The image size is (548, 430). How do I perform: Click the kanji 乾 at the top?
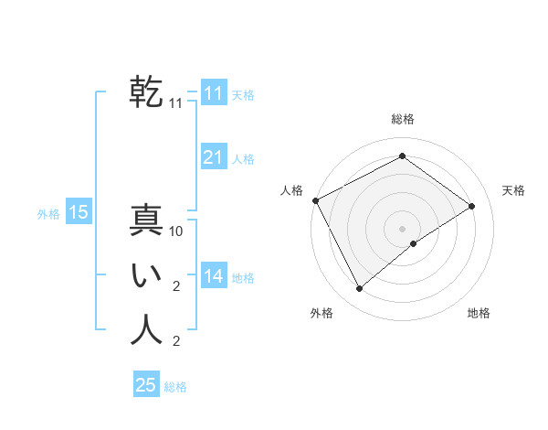[x=146, y=92]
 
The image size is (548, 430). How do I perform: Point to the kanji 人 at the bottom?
[x=146, y=330]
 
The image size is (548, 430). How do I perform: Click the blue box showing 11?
[x=213, y=93]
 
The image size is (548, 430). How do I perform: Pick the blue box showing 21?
[x=213, y=157]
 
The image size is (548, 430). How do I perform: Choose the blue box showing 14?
[x=213, y=276]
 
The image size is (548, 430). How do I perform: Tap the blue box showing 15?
[x=79, y=212]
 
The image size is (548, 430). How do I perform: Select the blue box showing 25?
[x=146, y=385]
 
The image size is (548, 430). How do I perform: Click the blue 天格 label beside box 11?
[x=243, y=95]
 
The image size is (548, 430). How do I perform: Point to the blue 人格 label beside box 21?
[x=243, y=159]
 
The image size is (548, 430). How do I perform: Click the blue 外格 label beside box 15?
[x=47, y=214]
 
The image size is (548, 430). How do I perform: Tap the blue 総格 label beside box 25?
[x=175, y=387]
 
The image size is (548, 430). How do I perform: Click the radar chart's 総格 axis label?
[x=403, y=119]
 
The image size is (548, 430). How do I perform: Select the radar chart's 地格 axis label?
[x=479, y=313]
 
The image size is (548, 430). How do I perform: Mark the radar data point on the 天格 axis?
[x=472, y=206]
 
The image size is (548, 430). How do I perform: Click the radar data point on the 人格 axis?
[x=315, y=200]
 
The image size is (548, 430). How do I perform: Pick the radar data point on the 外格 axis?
[x=359, y=289]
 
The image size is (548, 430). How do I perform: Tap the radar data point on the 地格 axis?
[x=414, y=243]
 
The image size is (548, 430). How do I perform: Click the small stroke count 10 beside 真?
[x=177, y=231]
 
